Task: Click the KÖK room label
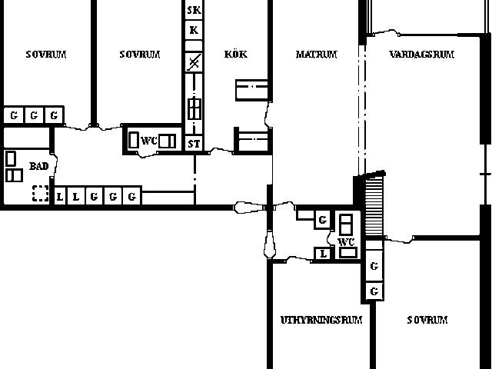[236, 55]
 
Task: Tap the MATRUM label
[316, 55]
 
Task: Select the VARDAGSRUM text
[421, 55]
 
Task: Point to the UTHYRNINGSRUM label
[321, 320]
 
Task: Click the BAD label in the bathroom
[39, 166]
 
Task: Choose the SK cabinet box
[194, 10]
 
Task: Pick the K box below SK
[194, 30]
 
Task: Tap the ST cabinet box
[194, 144]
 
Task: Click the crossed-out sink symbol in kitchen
[194, 62]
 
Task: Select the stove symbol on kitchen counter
[194, 108]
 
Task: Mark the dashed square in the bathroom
[41, 193]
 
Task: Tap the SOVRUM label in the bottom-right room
[427, 320]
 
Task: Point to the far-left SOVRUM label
[46, 55]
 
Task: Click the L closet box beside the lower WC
[323, 254]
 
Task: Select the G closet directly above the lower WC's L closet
[323, 220]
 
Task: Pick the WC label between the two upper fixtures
[149, 141]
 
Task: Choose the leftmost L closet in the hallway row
[60, 197]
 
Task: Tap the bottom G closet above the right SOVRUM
[374, 291]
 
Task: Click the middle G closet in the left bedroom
[34, 115]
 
